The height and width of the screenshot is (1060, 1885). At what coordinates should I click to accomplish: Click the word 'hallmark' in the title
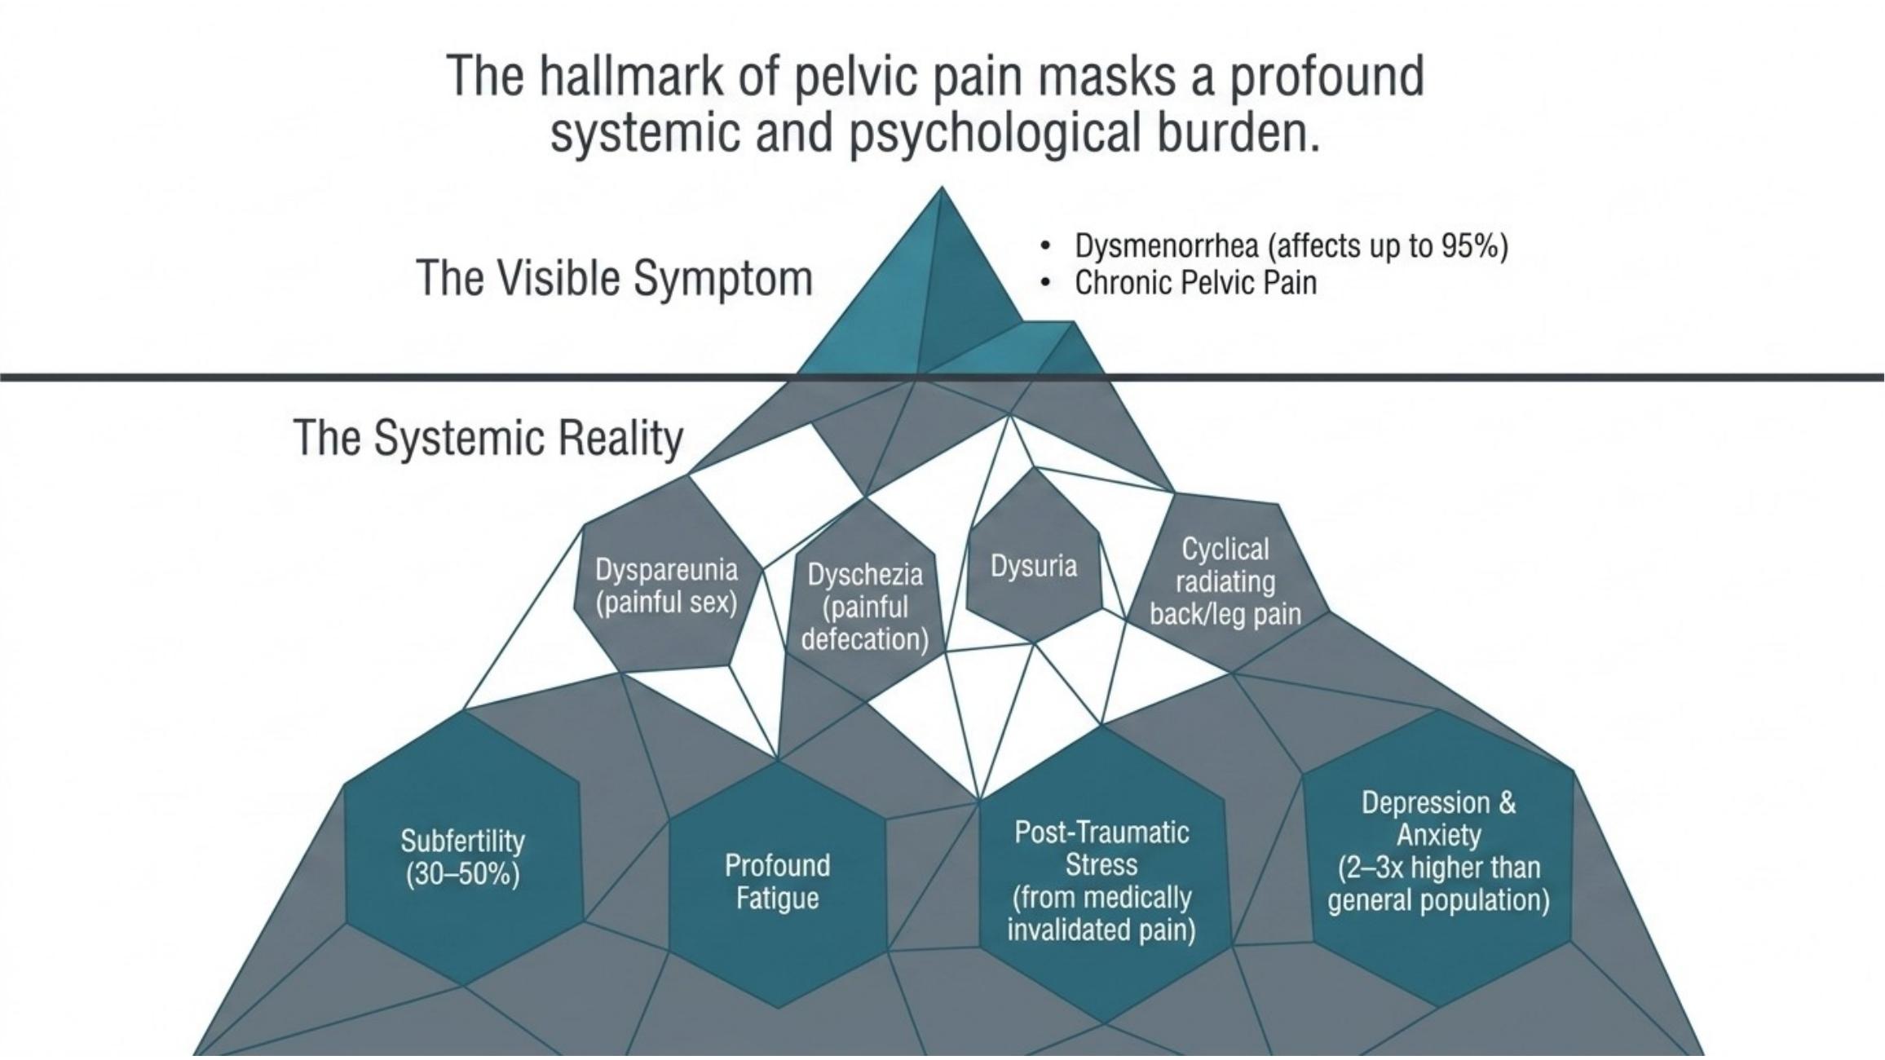[x=633, y=77]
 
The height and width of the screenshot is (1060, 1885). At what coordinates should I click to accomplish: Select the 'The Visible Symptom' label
[x=614, y=278]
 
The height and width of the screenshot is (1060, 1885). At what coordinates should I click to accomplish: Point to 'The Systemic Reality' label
[x=488, y=439]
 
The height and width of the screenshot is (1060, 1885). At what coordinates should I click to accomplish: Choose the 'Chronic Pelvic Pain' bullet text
[x=1195, y=283]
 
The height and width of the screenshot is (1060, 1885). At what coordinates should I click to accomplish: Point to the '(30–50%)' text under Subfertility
[x=462, y=874]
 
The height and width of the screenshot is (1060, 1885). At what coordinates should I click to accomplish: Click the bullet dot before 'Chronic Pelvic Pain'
[x=1045, y=283]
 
